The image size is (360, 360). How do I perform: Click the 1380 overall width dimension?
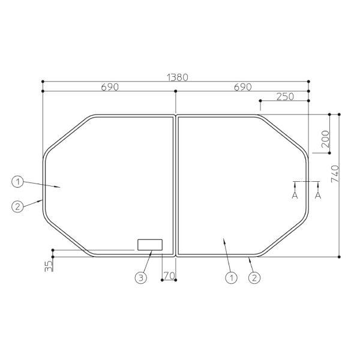point(178,77)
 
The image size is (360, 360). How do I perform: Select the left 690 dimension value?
point(110,87)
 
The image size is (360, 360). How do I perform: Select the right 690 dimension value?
point(242,87)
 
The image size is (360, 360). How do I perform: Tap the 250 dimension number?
point(285,97)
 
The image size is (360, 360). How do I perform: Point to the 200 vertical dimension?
point(325,139)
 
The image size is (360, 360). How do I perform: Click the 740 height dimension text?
point(335,174)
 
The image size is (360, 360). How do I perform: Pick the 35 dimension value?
point(49,266)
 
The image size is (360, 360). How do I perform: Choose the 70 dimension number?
point(169,276)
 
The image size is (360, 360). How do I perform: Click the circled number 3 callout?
point(141,278)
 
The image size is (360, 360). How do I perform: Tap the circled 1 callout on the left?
point(17,182)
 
